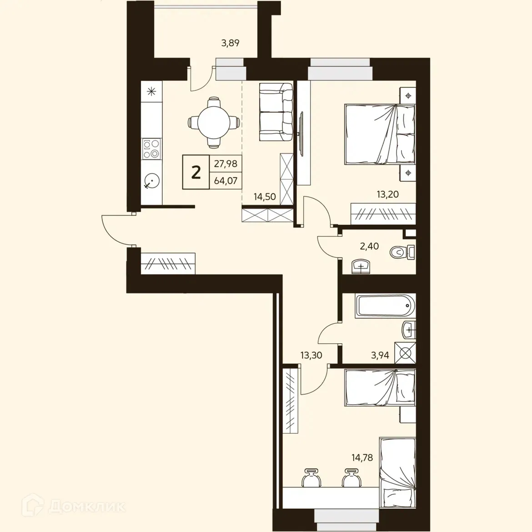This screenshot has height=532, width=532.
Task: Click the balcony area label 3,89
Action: click(x=230, y=43)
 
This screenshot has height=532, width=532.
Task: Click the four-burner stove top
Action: click(x=151, y=149)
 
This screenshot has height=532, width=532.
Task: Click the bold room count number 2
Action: click(x=196, y=172)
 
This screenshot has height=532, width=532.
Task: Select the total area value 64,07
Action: click(x=226, y=181)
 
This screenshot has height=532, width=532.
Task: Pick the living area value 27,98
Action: click(x=226, y=163)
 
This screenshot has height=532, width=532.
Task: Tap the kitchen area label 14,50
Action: click(x=265, y=197)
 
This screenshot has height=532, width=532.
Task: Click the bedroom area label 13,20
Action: click(x=387, y=194)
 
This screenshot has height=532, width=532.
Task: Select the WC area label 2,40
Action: click(x=369, y=246)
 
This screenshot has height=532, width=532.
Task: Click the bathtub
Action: click(x=385, y=306)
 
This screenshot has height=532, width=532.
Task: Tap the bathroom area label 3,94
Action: click(x=380, y=355)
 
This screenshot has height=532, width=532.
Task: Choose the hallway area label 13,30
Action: click(x=311, y=355)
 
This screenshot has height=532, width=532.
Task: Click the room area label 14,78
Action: click(x=362, y=457)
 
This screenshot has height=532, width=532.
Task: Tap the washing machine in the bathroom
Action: click(x=405, y=353)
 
